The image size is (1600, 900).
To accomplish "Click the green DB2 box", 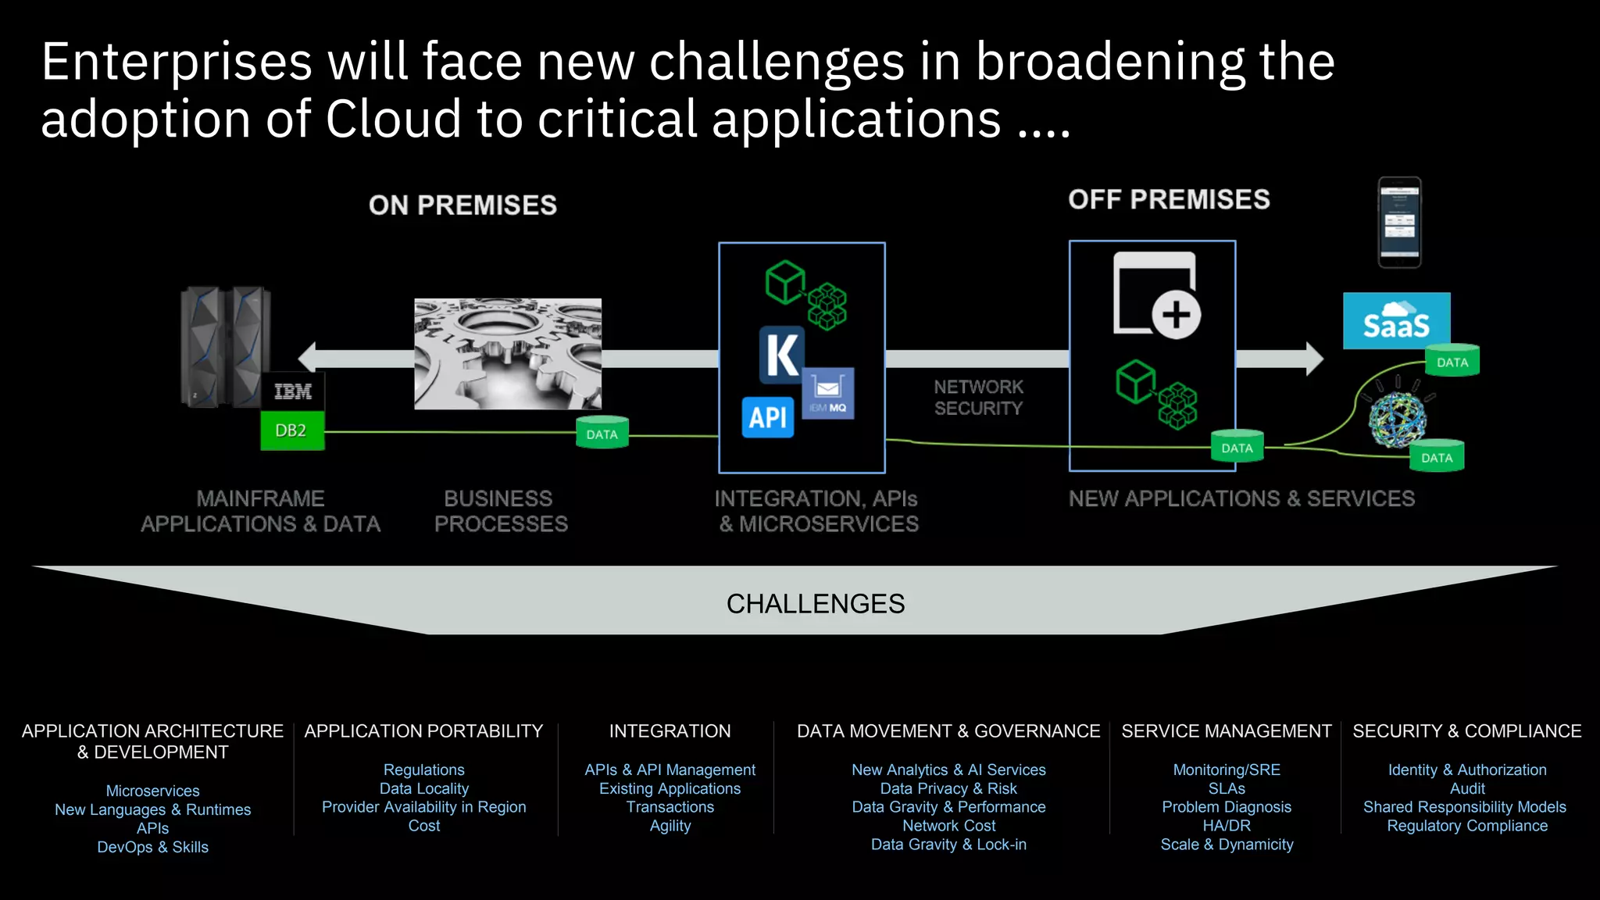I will [x=291, y=430].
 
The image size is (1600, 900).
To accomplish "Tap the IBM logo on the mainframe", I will [x=293, y=391].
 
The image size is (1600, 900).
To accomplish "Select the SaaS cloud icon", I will [x=1396, y=321].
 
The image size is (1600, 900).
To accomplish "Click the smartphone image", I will [x=1399, y=223].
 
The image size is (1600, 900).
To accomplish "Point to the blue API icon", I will [x=767, y=417].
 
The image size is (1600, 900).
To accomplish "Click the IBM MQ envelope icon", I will [x=828, y=393].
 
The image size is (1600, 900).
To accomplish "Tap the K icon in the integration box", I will [x=782, y=355].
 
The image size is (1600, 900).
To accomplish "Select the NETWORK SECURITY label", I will [x=978, y=398].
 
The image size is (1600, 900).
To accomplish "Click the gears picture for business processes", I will [x=508, y=354].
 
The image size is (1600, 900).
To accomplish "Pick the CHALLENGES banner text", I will [x=815, y=604].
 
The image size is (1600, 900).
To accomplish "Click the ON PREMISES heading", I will [x=462, y=205].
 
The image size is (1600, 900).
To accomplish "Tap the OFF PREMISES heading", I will [x=1169, y=200].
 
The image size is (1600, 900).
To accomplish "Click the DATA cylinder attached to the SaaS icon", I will [x=1452, y=361].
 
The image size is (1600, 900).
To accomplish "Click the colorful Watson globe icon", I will [x=1398, y=420].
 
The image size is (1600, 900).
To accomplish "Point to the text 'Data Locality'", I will [x=424, y=789].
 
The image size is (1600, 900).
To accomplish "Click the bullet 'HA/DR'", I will [x=1227, y=826].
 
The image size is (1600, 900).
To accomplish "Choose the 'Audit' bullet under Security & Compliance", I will [x=1467, y=789].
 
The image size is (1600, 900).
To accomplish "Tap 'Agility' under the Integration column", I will [x=670, y=826].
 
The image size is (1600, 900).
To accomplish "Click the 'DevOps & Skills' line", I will [x=153, y=848].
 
